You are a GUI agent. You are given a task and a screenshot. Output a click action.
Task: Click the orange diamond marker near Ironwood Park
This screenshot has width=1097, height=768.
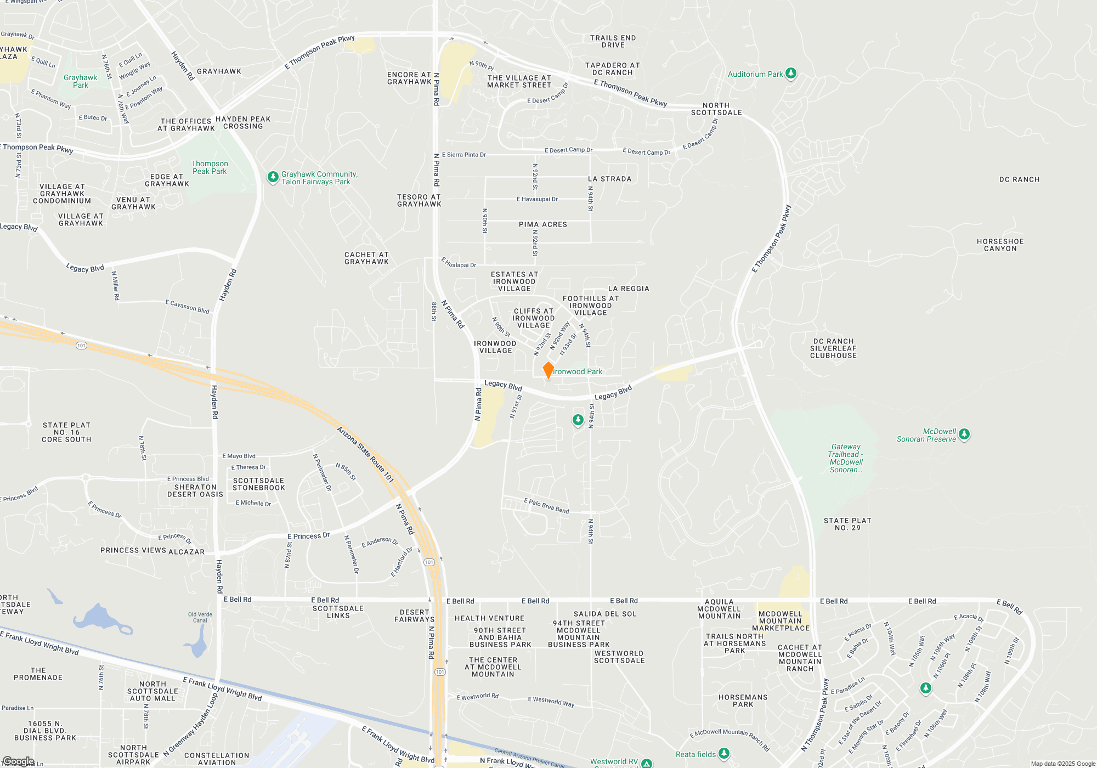[548, 370]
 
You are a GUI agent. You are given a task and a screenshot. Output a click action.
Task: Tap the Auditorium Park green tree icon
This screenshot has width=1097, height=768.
[790, 74]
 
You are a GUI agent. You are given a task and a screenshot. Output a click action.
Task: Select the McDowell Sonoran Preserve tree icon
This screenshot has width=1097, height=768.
[964, 434]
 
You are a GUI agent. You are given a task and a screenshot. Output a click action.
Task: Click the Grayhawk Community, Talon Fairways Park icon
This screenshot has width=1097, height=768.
[273, 177]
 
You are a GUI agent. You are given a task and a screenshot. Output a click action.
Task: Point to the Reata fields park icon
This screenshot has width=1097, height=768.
[724, 754]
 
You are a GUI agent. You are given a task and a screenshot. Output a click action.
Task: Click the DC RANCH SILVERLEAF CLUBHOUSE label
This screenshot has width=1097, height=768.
[833, 348]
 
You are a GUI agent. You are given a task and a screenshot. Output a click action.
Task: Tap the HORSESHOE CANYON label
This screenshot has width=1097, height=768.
[1000, 245]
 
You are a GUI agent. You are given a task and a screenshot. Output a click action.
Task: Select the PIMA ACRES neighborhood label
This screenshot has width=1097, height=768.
[542, 224]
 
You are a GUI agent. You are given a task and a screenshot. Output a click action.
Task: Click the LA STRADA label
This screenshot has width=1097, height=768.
[609, 179]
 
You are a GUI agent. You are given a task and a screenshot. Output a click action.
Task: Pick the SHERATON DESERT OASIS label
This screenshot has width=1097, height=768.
[195, 490]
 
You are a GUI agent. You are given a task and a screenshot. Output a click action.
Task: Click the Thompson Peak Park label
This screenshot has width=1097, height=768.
[210, 167]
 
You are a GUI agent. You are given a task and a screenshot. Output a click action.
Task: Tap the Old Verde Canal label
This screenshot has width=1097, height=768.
[200, 617]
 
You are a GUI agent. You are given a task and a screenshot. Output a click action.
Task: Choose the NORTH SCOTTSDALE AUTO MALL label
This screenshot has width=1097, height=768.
[152, 691]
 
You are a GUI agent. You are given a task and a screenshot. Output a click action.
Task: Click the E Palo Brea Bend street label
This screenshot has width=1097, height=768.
[546, 506]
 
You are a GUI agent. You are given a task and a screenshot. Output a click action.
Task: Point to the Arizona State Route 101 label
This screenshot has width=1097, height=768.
[365, 454]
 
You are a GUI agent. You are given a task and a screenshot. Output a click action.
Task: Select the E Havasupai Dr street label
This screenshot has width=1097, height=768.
[537, 199]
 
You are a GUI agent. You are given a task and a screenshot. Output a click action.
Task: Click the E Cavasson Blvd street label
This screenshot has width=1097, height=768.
[188, 306]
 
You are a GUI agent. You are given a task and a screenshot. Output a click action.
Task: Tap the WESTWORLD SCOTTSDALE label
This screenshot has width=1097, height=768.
[619, 657]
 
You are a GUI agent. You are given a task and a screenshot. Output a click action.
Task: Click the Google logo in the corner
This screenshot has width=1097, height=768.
[18, 761]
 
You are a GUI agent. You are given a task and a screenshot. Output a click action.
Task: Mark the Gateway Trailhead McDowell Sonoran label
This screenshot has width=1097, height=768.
[846, 458]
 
